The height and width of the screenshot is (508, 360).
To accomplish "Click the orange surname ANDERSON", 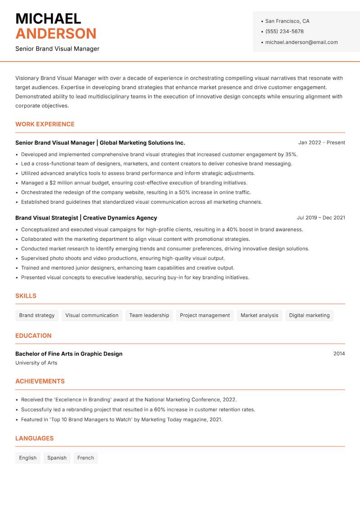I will [56, 34].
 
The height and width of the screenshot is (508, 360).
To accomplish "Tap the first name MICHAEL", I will [48, 18].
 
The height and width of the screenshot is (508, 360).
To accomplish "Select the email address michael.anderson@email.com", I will [301, 42].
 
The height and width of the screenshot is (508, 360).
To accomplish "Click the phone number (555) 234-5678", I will [284, 31].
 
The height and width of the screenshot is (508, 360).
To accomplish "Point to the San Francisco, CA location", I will [287, 21].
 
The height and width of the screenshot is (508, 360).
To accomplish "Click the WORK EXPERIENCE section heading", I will [45, 124].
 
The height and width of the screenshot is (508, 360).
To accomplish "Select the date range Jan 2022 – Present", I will [321, 143].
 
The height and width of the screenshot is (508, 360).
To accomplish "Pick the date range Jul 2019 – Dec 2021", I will [321, 218].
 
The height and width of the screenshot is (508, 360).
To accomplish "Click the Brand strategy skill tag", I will [37, 315].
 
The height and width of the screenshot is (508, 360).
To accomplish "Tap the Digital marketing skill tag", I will [309, 315].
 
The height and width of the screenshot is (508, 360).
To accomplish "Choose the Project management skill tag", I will [205, 315].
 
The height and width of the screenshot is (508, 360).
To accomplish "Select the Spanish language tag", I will [57, 458].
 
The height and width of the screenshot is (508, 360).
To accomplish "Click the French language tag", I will [85, 458].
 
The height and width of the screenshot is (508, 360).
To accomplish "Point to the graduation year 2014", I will [339, 354].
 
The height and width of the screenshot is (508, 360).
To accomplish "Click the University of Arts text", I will [36, 363].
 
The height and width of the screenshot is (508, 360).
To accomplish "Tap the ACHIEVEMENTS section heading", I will [40, 381].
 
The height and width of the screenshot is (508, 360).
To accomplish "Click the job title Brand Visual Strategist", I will [47, 218].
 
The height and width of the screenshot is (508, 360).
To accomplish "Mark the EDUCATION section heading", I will [33, 335].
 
